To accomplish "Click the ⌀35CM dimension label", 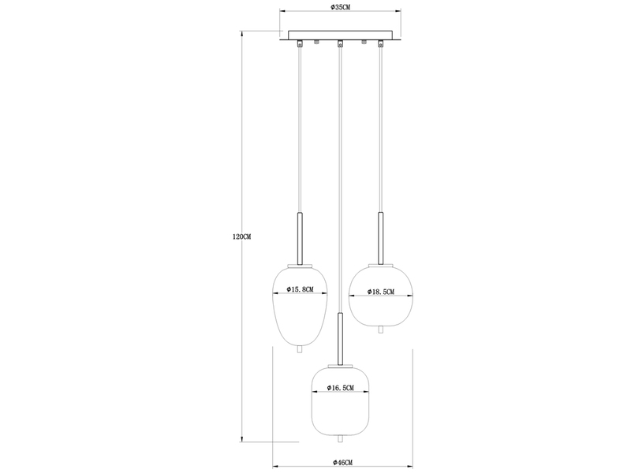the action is pyautogui.click(x=340, y=6).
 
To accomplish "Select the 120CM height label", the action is pyautogui.click(x=242, y=237).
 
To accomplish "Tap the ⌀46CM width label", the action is pyautogui.click(x=342, y=463).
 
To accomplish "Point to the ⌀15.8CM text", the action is pyautogui.click(x=301, y=289).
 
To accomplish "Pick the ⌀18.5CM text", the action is pyautogui.click(x=381, y=292).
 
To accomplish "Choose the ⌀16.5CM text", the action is pyautogui.click(x=341, y=388).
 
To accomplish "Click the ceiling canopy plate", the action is pyautogui.click(x=341, y=35).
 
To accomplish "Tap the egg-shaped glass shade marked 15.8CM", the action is pyautogui.click(x=301, y=306).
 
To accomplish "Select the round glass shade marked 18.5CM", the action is pyautogui.click(x=381, y=296).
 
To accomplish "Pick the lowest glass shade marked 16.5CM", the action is pyautogui.click(x=341, y=401).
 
